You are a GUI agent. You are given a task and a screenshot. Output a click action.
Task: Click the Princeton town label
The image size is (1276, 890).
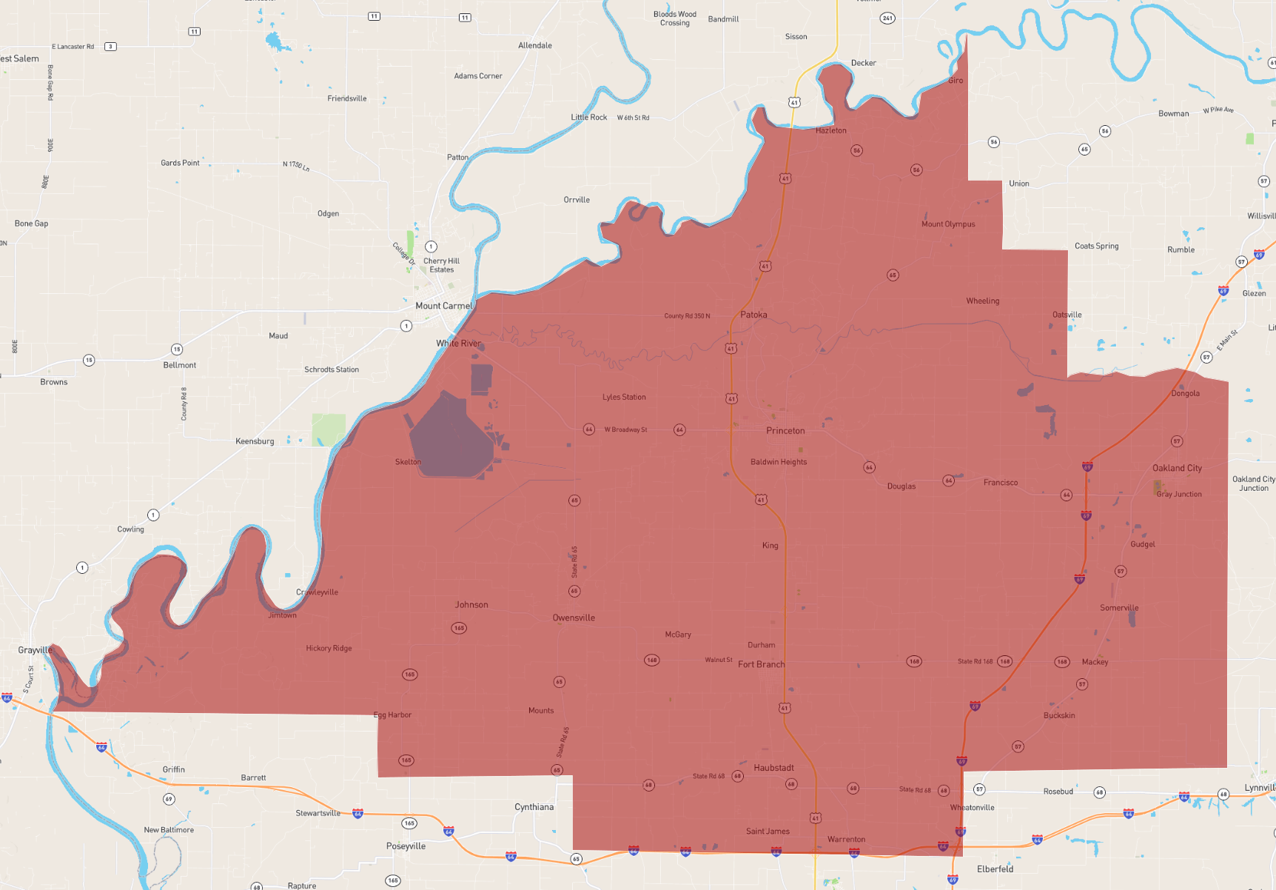click(x=785, y=430)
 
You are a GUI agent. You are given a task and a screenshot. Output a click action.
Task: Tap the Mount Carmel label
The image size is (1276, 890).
click(x=443, y=306)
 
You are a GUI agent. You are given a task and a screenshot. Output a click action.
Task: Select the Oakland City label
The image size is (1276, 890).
click(x=1177, y=468)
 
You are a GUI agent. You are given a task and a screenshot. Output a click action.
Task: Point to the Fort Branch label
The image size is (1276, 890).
click(x=761, y=664)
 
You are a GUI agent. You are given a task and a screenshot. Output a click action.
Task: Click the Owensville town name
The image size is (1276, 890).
click(x=574, y=618)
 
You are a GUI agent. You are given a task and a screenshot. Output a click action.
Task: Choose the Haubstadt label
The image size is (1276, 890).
click(x=773, y=768)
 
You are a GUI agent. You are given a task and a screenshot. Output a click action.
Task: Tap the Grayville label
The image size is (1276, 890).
click(x=35, y=650)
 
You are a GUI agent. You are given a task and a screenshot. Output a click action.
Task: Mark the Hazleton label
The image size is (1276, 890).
click(x=830, y=130)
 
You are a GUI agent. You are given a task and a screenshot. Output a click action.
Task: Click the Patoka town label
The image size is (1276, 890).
click(x=753, y=315)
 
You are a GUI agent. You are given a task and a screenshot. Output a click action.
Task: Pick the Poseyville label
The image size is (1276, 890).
click(x=406, y=846)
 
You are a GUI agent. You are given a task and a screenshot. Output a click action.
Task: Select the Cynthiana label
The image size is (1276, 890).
click(x=534, y=807)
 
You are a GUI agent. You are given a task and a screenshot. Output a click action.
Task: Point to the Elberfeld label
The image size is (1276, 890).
click(x=995, y=869)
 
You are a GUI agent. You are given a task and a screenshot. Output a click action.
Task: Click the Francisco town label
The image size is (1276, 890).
click(x=1001, y=482)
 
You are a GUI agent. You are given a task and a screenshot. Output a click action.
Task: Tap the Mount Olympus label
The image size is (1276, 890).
click(x=948, y=224)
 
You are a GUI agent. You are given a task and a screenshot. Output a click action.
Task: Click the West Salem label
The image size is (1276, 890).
click(x=20, y=58)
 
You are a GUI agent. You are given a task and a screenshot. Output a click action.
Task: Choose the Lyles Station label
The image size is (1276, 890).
click(x=624, y=397)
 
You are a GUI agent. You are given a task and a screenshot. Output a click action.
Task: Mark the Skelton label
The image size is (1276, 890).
click(x=408, y=462)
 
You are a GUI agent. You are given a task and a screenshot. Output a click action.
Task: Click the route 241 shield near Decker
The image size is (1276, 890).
click(x=887, y=18)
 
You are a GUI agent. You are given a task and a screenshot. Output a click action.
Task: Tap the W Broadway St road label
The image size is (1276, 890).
click(x=625, y=429)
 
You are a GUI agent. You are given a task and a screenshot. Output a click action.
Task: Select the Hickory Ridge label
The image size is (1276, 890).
click(x=329, y=648)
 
